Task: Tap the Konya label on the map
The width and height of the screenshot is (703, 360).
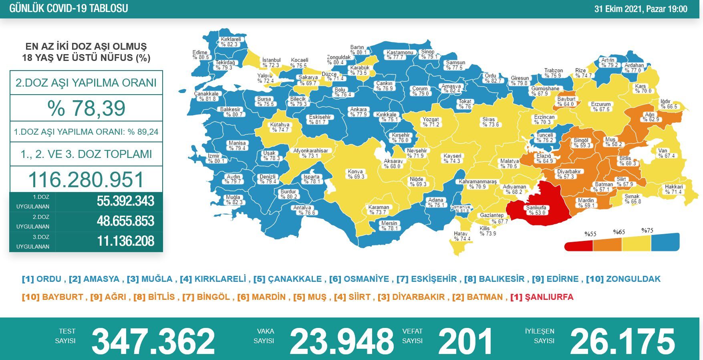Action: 356,174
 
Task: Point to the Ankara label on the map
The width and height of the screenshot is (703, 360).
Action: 359,112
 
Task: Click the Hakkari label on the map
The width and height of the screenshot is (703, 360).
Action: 673,189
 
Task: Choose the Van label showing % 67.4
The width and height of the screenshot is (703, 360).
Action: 666,153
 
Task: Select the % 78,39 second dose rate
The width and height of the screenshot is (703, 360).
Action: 86,108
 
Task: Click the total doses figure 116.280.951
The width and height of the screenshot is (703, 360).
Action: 86,180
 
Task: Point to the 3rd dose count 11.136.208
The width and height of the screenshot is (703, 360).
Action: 125,241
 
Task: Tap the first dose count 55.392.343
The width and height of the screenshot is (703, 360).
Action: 125,201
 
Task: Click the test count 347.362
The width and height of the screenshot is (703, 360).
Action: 153,341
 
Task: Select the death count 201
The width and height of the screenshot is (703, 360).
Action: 465,341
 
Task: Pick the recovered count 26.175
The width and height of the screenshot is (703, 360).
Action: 622,341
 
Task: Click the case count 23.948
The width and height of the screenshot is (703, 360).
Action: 342,341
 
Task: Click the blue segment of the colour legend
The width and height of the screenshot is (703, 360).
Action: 665,243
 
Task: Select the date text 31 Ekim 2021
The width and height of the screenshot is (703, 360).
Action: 618,9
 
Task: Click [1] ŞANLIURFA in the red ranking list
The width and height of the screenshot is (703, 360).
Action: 542,297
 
